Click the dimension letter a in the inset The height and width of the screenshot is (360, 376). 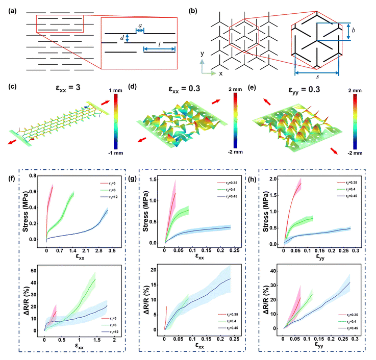click(138, 23)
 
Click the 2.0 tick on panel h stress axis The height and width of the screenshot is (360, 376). click(274, 179)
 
